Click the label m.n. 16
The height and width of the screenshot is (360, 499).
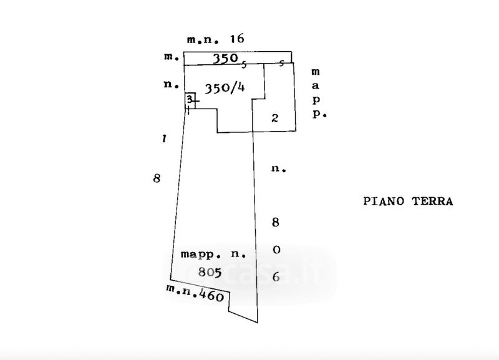pyautogui.click(x=215, y=39)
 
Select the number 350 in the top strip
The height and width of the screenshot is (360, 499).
pyautogui.click(x=225, y=58)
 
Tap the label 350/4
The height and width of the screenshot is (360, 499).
pyautogui.click(x=225, y=88)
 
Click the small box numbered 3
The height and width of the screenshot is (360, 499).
pyautogui.click(x=190, y=100)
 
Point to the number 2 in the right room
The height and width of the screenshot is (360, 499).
pyautogui.click(x=274, y=117)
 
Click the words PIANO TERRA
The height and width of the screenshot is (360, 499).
pyautogui.click(x=407, y=202)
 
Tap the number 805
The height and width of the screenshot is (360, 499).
pyautogui.click(x=210, y=271)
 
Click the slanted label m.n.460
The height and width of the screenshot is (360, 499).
pyautogui.click(x=195, y=293)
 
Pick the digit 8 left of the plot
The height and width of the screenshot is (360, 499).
pyautogui.click(x=157, y=178)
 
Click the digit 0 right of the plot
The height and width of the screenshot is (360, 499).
pyautogui.click(x=276, y=250)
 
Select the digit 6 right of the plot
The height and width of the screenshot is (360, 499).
pyautogui.click(x=276, y=278)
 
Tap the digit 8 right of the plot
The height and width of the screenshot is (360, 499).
pyautogui.click(x=276, y=221)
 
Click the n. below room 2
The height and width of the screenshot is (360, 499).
pyautogui.click(x=278, y=169)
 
